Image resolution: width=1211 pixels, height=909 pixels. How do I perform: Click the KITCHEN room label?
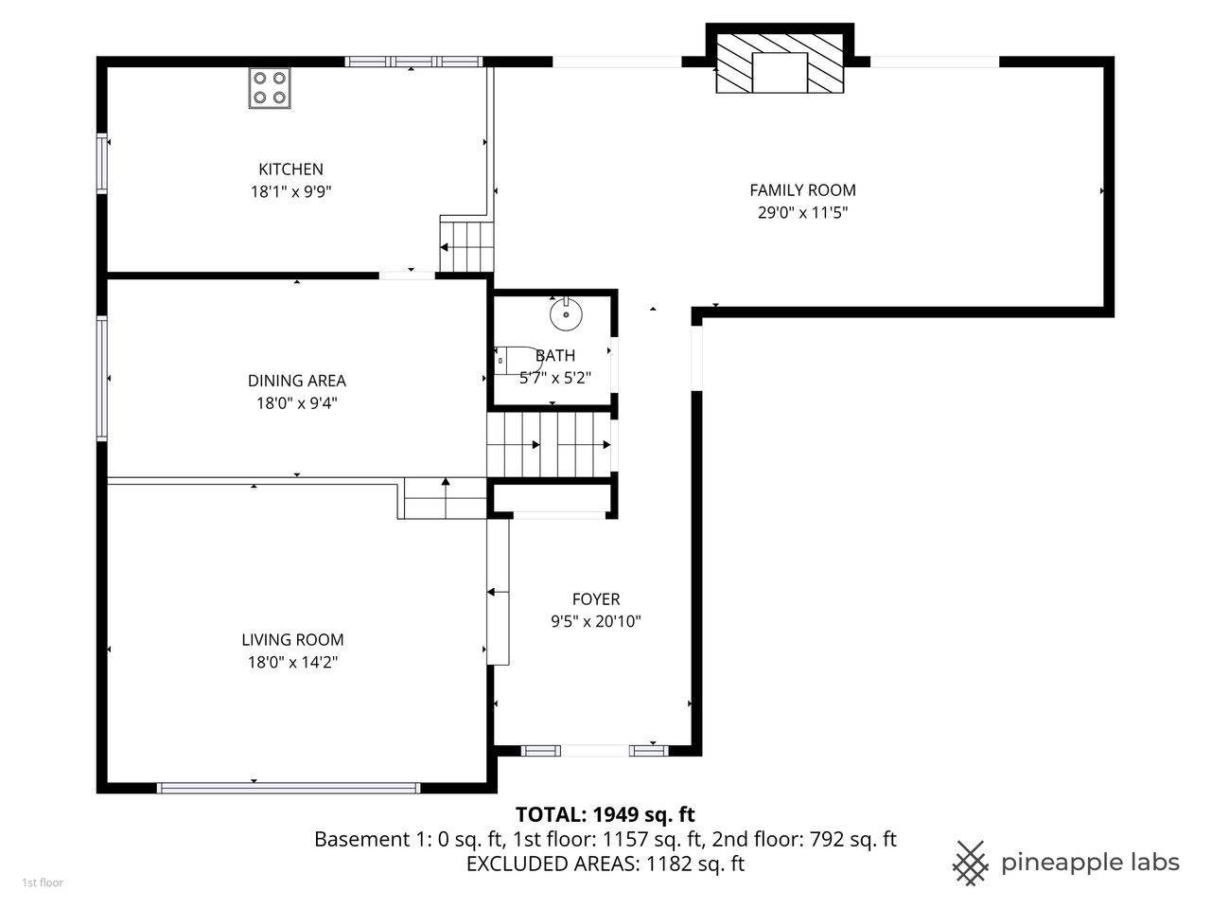pyautogui.click(x=290, y=169)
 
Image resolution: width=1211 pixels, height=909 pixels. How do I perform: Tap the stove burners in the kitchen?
pyautogui.click(x=270, y=87)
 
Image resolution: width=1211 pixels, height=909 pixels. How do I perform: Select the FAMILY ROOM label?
pyautogui.click(x=802, y=190)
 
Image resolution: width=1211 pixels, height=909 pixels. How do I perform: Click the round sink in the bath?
pyautogui.click(x=566, y=313)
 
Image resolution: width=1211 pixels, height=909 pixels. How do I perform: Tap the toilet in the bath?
pyautogui.click(x=516, y=361)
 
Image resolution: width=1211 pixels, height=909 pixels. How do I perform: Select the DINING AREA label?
pyautogui.click(x=296, y=381)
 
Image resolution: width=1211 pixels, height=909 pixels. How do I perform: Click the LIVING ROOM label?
pyautogui.click(x=292, y=640)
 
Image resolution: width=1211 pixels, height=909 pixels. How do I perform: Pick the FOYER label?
pyautogui.click(x=596, y=599)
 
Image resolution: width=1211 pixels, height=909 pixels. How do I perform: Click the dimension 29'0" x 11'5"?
pyautogui.click(x=802, y=213)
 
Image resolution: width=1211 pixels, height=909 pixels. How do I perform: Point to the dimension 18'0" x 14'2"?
pyautogui.click(x=292, y=663)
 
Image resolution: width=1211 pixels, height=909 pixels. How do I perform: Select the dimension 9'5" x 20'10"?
pyautogui.click(x=596, y=622)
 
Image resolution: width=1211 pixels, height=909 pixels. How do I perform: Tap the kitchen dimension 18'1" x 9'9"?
pyautogui.click(x=290, y=192)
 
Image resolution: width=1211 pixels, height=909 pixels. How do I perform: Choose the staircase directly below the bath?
pyautogui.click(x=549, y=444)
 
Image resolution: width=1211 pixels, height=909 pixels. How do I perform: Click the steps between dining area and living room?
pyautogui.click(x=444, y=498)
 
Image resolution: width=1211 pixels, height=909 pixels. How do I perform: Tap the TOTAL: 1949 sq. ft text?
pyautogui.click(x=605, y=814)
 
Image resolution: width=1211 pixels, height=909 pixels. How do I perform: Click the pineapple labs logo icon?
pyautogui.click(x=970, y=862)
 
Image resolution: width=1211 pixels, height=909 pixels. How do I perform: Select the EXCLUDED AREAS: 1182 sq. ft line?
pyautogui.click(x=605, y=864)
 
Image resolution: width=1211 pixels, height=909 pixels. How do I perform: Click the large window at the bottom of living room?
pyautogui.click(x=289, y=787)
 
